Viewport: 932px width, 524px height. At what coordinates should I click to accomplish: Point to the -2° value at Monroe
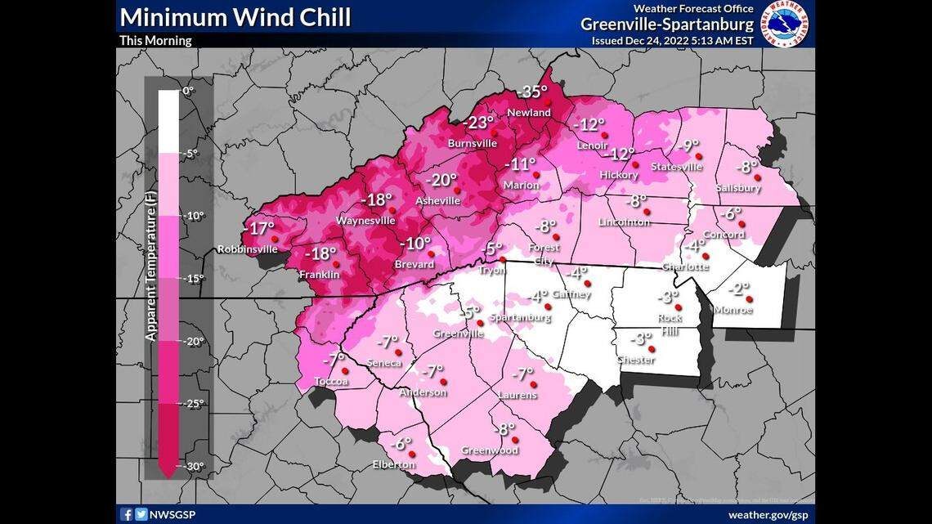pyautogui.click(x=738, y=289)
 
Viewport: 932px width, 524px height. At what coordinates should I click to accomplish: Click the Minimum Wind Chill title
pyautogui.click(x=235, y=16)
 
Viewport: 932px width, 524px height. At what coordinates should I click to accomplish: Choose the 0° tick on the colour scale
pyautogui.click(x=189, y=91)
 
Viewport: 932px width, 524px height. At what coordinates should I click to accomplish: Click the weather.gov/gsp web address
pyautogui.click(x=768, y=515)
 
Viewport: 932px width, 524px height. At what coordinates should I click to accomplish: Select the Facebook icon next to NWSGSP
pyautogui.click(x=127, y=515)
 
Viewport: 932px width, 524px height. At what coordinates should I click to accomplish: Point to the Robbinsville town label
pyautogui.click(x=247, y=249)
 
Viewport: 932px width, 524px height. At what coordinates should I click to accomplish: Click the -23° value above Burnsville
pyautogui.click(x=479, y=123)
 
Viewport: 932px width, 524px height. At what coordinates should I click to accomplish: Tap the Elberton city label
pyautogui.click(x=393, y=464)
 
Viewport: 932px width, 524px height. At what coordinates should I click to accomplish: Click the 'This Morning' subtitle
pyautogui.click(x=155, y=40)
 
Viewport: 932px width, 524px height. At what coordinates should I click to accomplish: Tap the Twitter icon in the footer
pyautogui.click(x=141, y=515)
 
